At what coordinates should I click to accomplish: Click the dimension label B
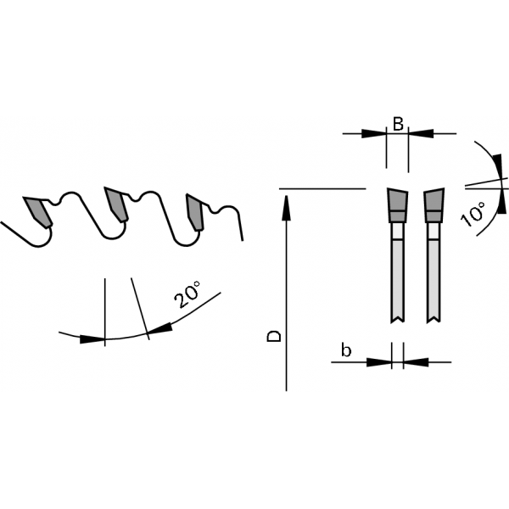pos(398,124)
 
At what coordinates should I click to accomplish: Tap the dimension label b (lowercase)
pos(346,350)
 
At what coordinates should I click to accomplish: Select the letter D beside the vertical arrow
pos(274,336)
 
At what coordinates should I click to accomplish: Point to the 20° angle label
pos(187,294)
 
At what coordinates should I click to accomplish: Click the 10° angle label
pos(473,215)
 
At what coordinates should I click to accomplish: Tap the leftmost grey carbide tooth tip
pos(37,210)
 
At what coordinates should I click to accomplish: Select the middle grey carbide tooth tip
pos(115,204)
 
